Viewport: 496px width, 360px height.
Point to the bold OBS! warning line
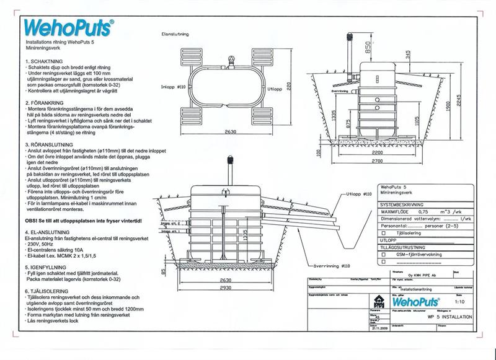coord(84,220)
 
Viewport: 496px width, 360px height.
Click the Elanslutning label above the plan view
coord(174,35)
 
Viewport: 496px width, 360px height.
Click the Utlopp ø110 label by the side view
coord(360,194)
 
